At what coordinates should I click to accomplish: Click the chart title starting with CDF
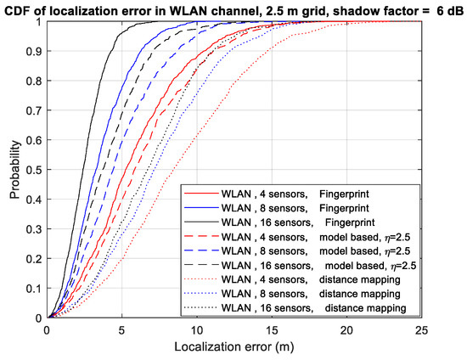pos(233,8)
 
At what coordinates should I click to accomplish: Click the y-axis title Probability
pos(14,170)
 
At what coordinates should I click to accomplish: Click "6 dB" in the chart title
pos(447,8)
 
